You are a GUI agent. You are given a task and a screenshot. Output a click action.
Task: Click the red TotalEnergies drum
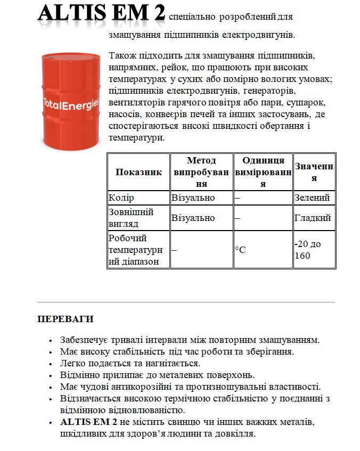[x=70, y=99]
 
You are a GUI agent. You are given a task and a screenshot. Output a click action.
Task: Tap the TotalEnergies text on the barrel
[x=70, y=104]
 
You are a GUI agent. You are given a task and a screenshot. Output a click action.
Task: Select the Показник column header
[x=138, y=172]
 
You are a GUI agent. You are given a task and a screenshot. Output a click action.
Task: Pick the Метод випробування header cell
[x=201, y=172]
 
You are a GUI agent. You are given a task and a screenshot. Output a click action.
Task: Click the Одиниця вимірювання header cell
[x=263, y=172]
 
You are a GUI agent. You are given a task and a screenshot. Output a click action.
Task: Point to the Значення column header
[x=314, y=172]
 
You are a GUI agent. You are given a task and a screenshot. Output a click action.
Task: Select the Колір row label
[x=121, y=198]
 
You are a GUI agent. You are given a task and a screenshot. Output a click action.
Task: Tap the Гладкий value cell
[x=313, y=218]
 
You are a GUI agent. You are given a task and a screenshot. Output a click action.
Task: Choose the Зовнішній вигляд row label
[x=130, y=218]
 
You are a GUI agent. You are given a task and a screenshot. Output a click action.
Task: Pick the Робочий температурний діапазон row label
[x=135, y=249]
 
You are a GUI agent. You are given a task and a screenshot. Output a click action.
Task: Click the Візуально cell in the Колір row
[x=193, y=198]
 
